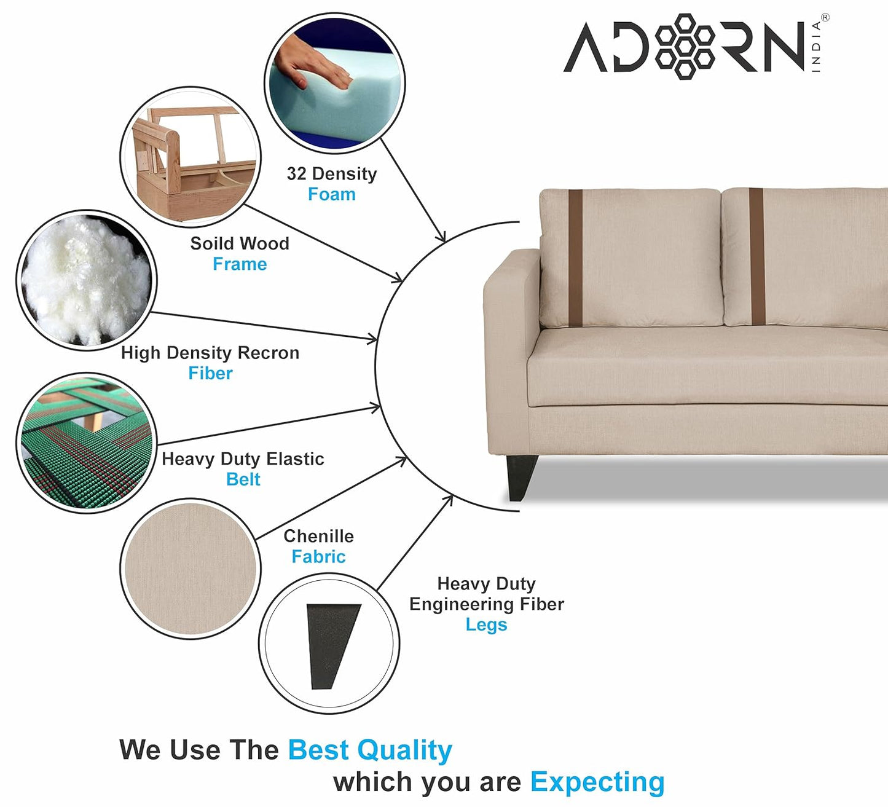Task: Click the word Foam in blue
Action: (332, 194)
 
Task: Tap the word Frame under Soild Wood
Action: (240, 264)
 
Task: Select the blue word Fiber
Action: (210, 373)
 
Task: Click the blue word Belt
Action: (243, 479)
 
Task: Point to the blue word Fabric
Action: (318, 556)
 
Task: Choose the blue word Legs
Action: (486, 625)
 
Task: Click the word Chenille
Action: (318, 536)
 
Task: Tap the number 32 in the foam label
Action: (296, 173)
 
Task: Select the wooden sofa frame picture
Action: (191, 157)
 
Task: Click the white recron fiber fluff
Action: (87, 280)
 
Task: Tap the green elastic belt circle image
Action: (87, 443)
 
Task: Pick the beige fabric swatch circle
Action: (191, 569)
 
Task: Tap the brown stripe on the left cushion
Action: (575, 258)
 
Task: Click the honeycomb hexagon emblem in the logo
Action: (685, 47)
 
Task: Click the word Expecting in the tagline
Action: (597, 782)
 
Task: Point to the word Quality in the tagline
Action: (404, 750)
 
